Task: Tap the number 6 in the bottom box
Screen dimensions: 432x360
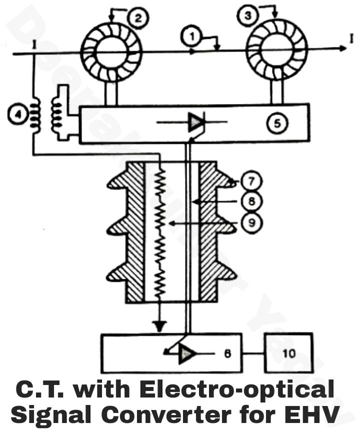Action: (x=227, y=353)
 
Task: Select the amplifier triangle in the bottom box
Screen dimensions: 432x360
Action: (x=187, y=353)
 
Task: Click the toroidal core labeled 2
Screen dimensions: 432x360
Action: (x=112, y=50)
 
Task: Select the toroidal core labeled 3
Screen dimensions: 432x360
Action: (x=274, y=50)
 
